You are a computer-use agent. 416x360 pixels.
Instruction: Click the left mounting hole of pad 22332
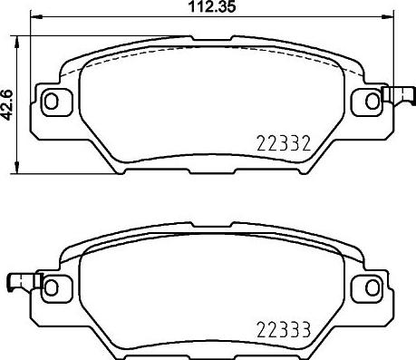[52, 100]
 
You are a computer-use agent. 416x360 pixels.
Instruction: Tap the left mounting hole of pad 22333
[52, 287]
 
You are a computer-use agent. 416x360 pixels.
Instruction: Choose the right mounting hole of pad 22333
[367, 287]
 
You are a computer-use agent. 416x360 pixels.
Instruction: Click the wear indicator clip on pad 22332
[394, 94]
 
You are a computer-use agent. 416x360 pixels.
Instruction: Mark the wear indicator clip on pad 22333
[20, 283]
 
